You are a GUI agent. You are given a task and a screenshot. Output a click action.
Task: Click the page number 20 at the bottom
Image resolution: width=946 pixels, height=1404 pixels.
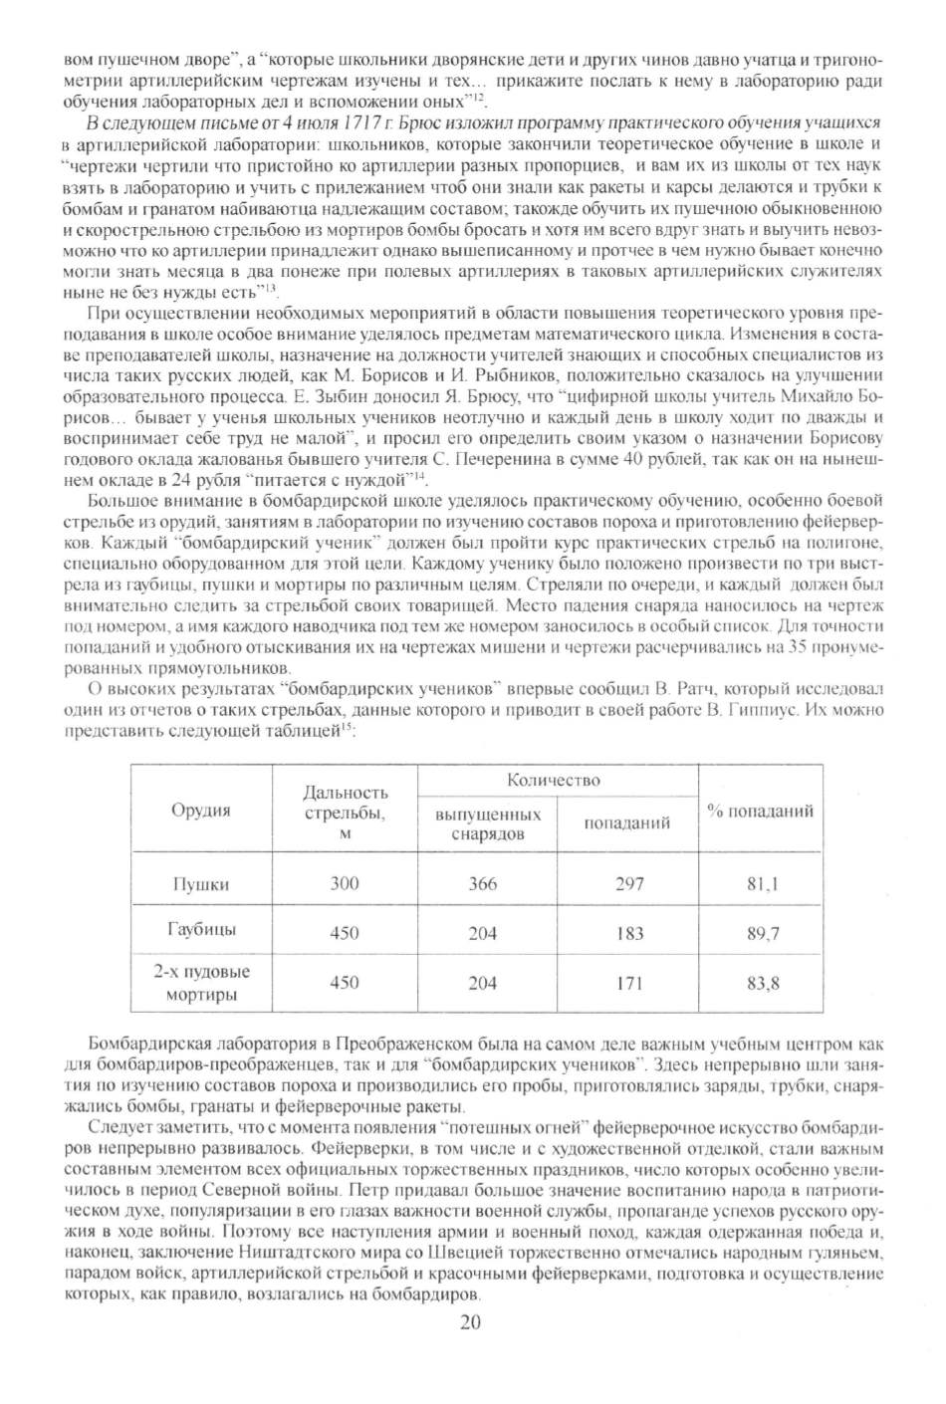(x=471, y=1322)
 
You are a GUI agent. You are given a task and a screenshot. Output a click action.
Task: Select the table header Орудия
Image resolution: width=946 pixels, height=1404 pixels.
(x=201, y=810)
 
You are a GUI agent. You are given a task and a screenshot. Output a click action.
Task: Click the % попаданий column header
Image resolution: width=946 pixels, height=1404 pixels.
(x=761, y=811)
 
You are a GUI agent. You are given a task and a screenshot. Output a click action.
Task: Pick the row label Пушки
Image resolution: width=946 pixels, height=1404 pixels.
(x=201, y=883)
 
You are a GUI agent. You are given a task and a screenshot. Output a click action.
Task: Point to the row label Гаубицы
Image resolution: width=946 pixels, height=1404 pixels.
(x=201, y=930)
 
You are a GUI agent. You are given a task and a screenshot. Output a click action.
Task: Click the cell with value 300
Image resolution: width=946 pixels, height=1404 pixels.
(x=344, y=883)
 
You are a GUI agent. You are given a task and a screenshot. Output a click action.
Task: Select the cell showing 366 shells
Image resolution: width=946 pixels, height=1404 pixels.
(x=482, y=883)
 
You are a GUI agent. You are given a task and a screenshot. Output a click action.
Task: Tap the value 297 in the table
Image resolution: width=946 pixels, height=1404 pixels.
(x=629, y=883)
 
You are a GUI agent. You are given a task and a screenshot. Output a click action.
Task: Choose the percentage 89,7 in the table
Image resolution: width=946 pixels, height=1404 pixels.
(x=763, y=933)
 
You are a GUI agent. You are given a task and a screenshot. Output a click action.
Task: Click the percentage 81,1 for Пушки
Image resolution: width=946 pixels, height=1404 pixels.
(x=763, y=883)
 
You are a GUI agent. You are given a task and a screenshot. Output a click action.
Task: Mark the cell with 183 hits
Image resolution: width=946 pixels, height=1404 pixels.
(x=629, y=933)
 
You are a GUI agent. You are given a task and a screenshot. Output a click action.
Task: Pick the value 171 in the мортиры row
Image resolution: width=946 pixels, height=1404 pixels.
(x=629, y=983)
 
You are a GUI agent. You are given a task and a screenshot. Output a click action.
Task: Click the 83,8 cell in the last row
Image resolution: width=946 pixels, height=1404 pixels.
(x=763, y=983)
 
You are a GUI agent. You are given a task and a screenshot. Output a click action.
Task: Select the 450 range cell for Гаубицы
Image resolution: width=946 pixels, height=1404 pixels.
(x=344, y=933)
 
